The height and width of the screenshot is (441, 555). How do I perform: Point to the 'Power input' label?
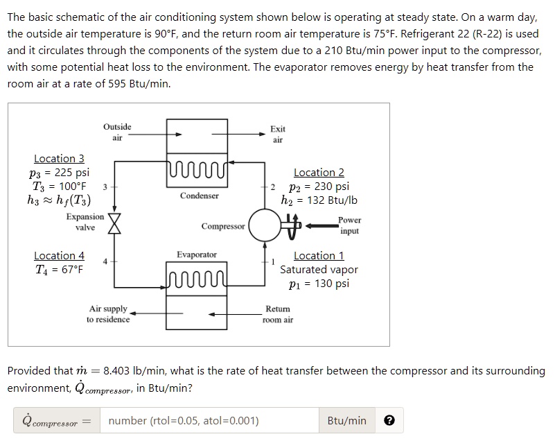pyautogui.click(x=349, y=225)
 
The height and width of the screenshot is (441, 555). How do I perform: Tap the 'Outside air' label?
pyautogui.click(x=116, y=132)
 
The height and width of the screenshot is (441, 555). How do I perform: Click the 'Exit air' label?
pyautogui.click(x=277, y=135)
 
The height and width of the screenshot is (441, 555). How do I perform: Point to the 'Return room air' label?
pyautogui.click(x=277, y=314)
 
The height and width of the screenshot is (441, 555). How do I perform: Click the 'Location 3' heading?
pyautogui.click(x=59, y=159)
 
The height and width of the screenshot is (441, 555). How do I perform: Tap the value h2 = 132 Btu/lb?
pyautogui.click(x=319, y=200)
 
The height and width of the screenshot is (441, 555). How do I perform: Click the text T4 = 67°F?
pyautogui.click(x=59, y=269)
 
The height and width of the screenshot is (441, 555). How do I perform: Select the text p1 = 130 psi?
pyautogui.click(x=319, y=283)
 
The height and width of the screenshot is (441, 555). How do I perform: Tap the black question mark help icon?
pyautogui.click(x=390, y=421)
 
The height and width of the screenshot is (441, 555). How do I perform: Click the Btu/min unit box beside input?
pyautogui.click(x=347, y=421)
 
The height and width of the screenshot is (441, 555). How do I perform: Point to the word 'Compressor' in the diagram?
pyautogui.click(x=223, y=227)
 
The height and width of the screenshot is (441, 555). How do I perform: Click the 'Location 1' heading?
pyautogui.click(x=319, y=256)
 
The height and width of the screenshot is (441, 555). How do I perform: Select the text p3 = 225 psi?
pyautogui.click(x=61, y=173)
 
